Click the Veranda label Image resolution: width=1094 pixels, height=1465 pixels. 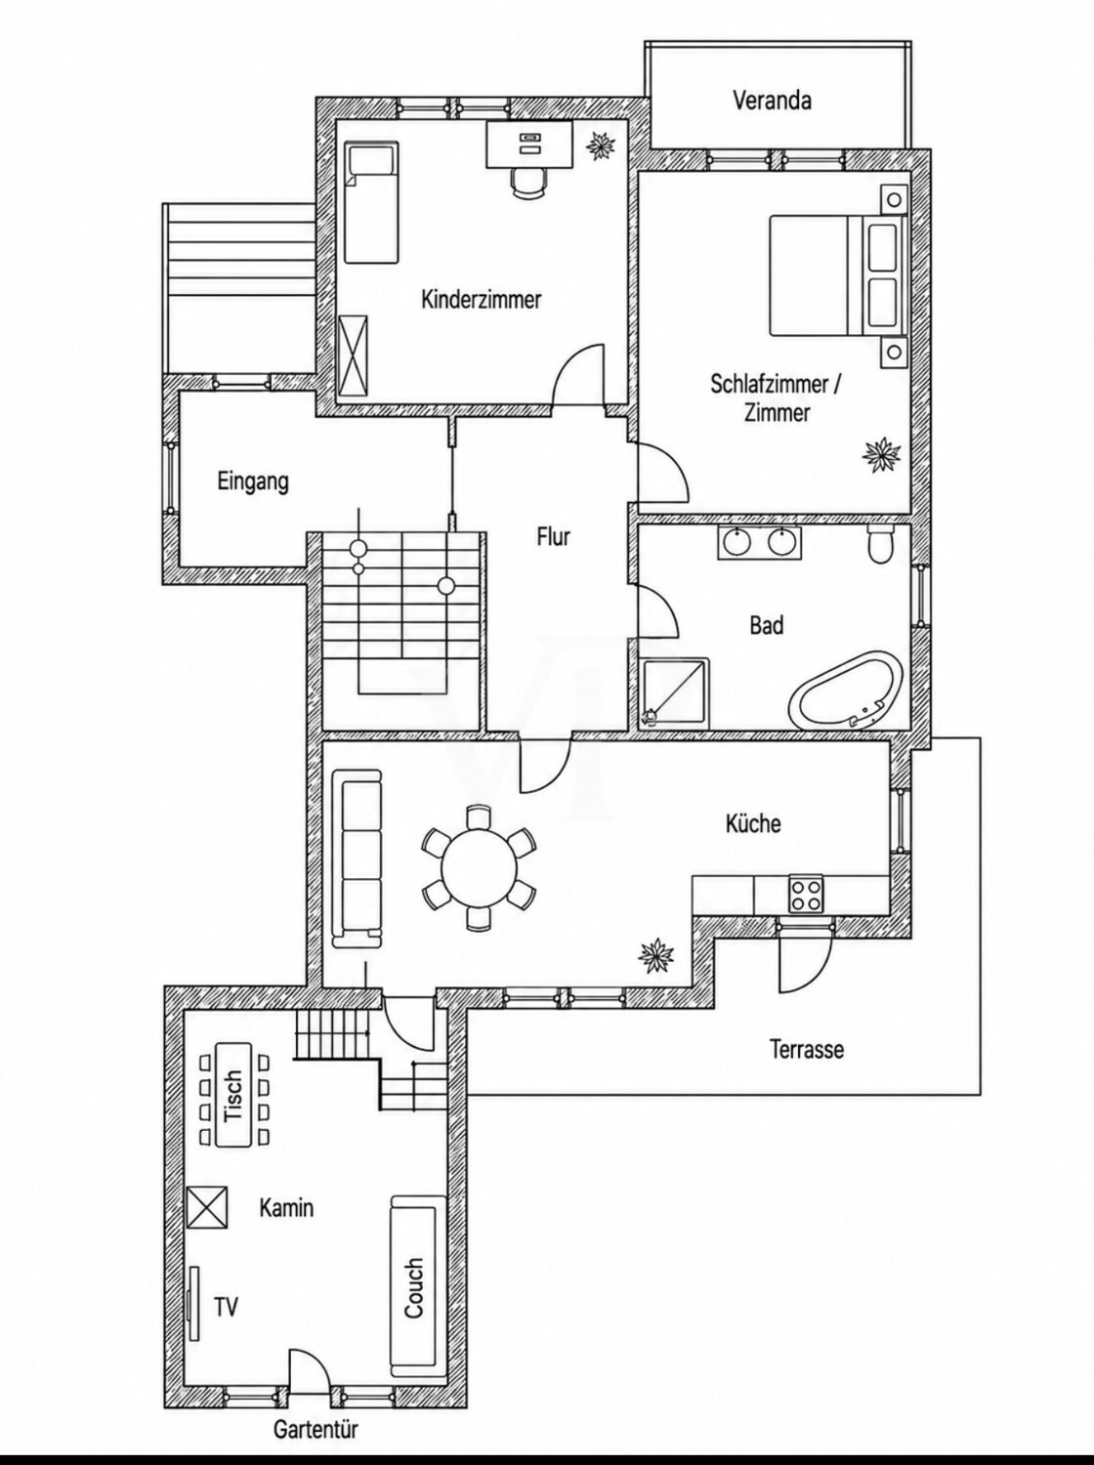(773, 101)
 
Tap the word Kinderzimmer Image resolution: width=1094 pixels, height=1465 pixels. (481, 299)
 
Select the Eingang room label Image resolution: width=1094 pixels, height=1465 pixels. (253, 481)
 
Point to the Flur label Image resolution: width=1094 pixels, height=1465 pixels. (553, 536)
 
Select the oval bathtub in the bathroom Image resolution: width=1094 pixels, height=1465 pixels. (845, 689)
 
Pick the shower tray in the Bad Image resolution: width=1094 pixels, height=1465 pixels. (675, 692)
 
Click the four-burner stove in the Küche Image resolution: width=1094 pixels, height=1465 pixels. (806, 893)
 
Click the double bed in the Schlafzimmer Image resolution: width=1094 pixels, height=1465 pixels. (839, 275)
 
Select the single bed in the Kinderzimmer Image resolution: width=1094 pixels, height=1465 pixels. (372, 202)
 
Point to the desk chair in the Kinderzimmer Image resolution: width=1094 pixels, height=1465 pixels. (528, 182)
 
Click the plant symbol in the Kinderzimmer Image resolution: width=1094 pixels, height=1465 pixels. (602, 145)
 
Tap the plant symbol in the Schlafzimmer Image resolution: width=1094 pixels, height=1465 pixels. (882, 455)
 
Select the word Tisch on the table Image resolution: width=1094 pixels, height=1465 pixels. (232, 1096)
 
